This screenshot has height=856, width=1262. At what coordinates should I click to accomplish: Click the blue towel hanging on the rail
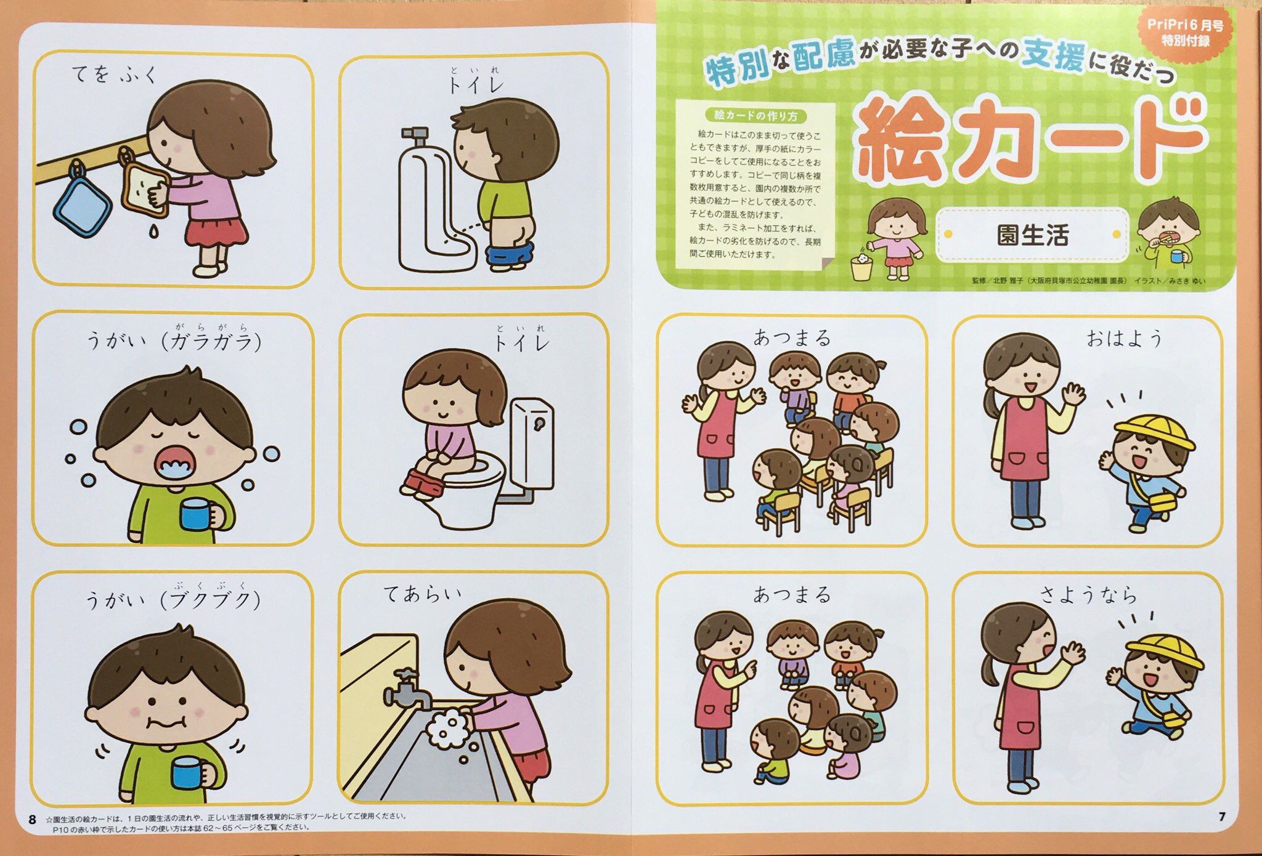83,203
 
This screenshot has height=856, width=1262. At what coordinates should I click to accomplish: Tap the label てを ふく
115,74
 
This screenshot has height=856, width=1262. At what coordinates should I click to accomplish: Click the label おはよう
1124,338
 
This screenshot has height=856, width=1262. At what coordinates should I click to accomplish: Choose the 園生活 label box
1032,235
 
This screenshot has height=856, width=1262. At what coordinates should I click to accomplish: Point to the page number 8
32,820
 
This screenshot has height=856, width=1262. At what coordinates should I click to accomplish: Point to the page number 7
1222,817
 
